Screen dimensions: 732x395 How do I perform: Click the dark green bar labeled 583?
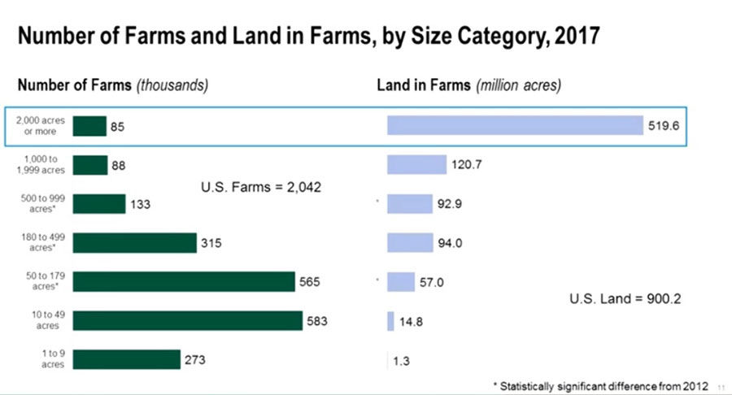click(x=188, y=320)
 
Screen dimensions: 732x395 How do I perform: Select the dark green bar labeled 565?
click(x=184, y=282)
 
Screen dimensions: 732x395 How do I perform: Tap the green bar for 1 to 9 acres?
click(x=127, y=359)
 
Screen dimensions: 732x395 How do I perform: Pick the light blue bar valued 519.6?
click(x=515, y=125)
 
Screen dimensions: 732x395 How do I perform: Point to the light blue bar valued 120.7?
click(x=416, y=165)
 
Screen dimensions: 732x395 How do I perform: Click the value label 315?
click(x=211, y=243)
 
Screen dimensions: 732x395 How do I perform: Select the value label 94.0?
click(x=450, y=243)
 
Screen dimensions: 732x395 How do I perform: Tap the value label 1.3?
click(x=401, y=361)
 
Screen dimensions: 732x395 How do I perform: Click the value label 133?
click(x=140, y=204)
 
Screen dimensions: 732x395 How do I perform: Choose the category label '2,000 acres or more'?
click(x=41, y=126)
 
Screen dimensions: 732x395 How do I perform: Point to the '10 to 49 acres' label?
click(x=48, y=320)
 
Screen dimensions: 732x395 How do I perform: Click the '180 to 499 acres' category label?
click(x=43, y=242)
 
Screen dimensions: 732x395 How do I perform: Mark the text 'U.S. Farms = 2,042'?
click(x=261, y=187)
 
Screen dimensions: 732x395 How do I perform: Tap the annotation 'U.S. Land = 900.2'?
click(x=625, y=298)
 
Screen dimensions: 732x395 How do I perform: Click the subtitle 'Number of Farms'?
click(x=75, y=85)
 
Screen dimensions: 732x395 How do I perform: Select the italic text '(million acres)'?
click(x=518, y=85)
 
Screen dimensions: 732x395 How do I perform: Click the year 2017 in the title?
click(x=577, y=36)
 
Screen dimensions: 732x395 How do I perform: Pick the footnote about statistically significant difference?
click(x=601, y=386)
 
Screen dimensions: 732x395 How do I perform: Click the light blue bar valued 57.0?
click(x=400, y=282)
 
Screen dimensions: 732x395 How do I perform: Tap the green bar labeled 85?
click(x=89, y=126)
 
